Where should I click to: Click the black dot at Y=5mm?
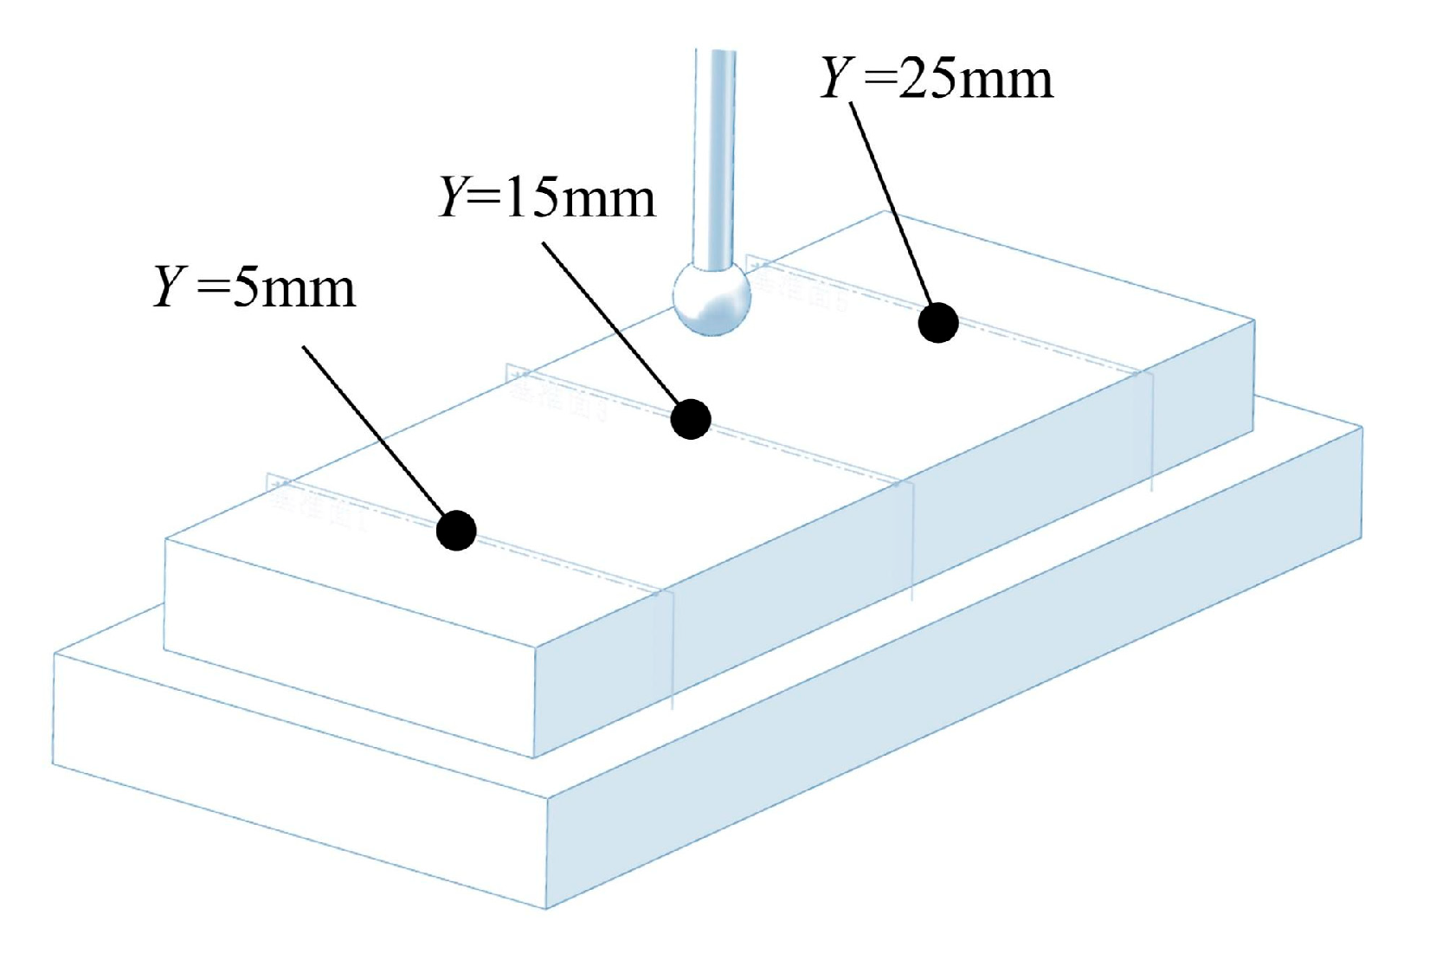pos(456,530)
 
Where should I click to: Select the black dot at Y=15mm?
pos(691,419)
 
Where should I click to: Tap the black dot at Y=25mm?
pos(938,323)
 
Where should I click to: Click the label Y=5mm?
pos(254,287)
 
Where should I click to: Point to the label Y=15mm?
pos(547,197)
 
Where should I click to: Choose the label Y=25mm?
pos(937,78)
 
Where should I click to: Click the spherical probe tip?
pos(712,297)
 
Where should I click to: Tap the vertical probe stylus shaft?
pos(715,156)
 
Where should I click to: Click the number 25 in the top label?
pos(926,78)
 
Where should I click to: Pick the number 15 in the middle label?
pos(530,197)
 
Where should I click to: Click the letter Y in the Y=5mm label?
pos(170,287)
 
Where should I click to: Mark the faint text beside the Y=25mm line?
pos(801,287)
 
